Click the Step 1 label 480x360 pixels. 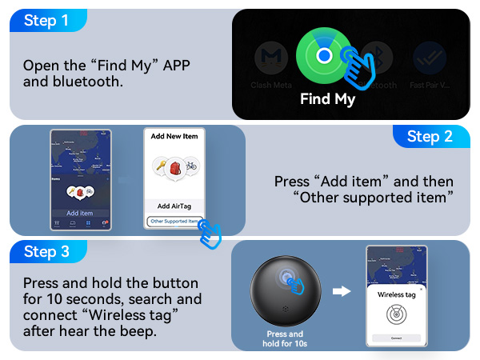(x=46, y=21)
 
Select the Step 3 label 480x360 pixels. (x=46, y=252)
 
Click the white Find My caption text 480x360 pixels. (x=327, y=100)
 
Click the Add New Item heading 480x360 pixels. (x=174, y=137)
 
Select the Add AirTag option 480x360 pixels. (x=174, y=206)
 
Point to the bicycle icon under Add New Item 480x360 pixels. (x=190, y=167)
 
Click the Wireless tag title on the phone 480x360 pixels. (x=396, y=294)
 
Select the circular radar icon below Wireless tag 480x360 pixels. (x=396, y=314)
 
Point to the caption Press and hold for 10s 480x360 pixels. (x=285, y=338)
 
